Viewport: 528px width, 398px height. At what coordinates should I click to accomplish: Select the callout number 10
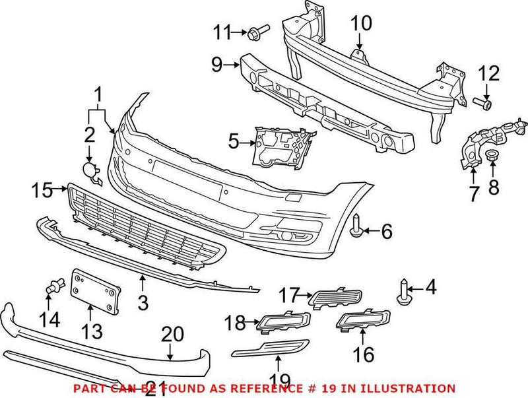pyautogui.click(x=361, y=24)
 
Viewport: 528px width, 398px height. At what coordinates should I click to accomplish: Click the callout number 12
pyautogui.click(x=489, y=73)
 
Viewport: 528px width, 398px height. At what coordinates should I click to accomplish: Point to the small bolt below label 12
pyautogui.click(x=484, y=102)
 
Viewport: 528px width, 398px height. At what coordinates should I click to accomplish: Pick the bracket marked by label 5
pyautogui.click(x=277, y=145)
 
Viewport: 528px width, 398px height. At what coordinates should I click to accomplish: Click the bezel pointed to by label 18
pyautogui.click(x=284, y=321)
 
